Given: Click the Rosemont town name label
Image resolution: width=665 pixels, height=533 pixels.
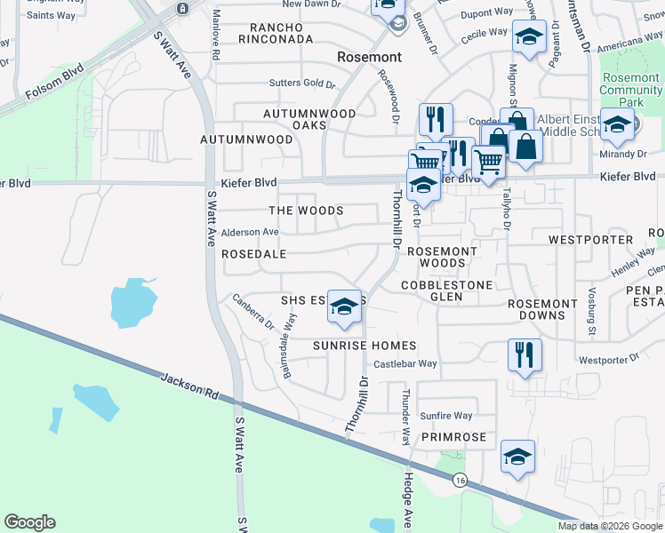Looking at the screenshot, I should (x=369, y=57).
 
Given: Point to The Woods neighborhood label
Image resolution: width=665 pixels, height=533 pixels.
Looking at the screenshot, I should (x=306, y=211).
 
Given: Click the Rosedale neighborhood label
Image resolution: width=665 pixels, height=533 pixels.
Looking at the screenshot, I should (x=253, y=253).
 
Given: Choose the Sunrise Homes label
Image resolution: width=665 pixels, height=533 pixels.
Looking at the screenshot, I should (x=365, y=345).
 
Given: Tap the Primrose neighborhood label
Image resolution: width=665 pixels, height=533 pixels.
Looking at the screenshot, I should (x=454, y=437).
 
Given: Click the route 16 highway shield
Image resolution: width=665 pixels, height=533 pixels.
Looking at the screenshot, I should (x=459, y=480).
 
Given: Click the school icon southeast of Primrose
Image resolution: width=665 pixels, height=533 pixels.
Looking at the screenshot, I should (x=517, y=457).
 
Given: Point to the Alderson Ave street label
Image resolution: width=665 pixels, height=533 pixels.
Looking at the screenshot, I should (x=250, y=232).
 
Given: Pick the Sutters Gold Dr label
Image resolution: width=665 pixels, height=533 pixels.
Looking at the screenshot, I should (x=302, y=84).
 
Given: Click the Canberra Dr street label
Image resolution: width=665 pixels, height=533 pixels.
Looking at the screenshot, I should (x=253, y=317).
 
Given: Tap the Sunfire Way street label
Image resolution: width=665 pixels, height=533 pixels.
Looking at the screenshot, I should (x=446, y=415).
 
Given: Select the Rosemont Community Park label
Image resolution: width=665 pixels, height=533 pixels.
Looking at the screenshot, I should (x=631, y=90).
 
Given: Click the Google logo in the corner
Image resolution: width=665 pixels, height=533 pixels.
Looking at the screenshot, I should (x=29, y=522).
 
